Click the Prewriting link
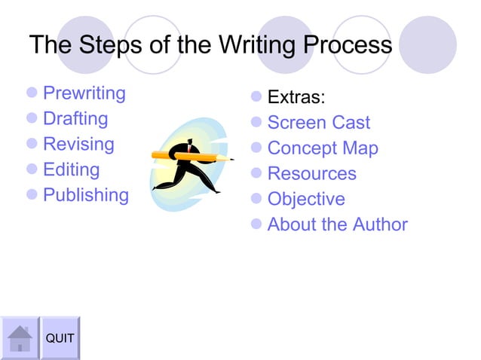(84, 94)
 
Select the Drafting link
(75, 119)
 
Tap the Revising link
(78, 145)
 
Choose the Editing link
(71, 169)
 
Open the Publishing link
(86, 195)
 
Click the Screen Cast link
(318, 123)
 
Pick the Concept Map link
(322, 148)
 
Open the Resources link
(311, 174)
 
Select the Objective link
(305, 200)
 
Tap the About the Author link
(337, 224)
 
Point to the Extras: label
(296, 98)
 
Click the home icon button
(20, 338)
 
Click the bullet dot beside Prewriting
(31, 94)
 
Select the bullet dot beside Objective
(256, 200)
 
